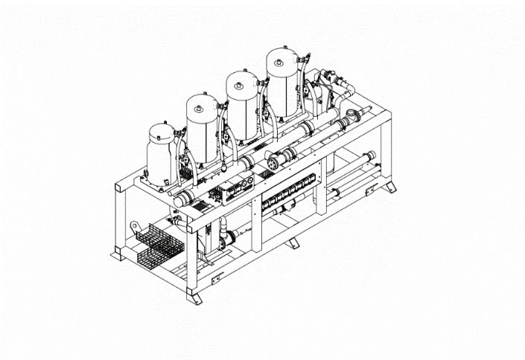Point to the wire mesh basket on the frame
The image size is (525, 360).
pos(153,242)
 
